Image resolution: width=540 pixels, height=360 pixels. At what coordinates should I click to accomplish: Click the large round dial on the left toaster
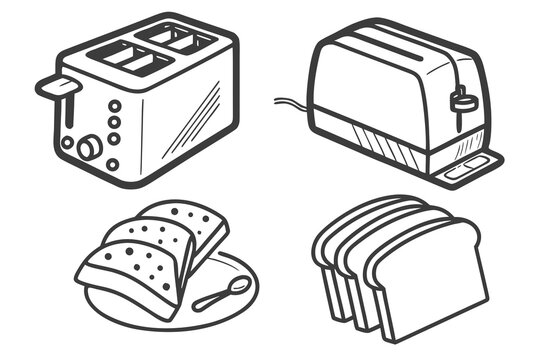coord(89,148)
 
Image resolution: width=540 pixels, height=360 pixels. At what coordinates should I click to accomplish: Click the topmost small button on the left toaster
coord(114,105)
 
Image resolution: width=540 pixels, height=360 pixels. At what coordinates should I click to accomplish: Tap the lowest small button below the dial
coord(112,164)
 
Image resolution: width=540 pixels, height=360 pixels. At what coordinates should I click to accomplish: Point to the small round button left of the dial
coord(67,142)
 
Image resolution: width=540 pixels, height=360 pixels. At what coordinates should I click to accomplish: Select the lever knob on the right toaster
coord(461,101)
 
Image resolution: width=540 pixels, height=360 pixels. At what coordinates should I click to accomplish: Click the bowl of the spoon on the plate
coord(237,288)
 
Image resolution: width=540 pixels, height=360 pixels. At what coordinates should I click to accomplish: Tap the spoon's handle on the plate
coord(210,300)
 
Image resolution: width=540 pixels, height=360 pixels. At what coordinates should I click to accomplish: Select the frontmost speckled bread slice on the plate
coord(130,275)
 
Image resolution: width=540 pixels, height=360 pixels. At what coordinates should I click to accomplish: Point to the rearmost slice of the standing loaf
coord(345,225)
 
